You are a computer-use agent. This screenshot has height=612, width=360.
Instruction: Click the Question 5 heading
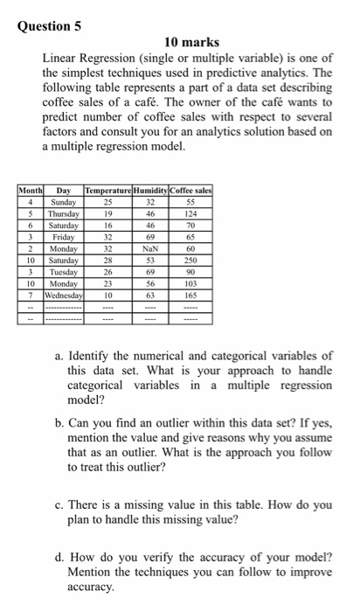[x=49, y=25]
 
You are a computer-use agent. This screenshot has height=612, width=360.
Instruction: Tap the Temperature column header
[x=110, y=190]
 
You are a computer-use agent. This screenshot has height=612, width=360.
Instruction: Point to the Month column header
[x=31, y=190]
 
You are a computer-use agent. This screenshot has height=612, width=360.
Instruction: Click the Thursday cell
[x=64, y=212]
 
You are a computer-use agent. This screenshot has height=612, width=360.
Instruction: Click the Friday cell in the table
[x=64, y=236]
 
